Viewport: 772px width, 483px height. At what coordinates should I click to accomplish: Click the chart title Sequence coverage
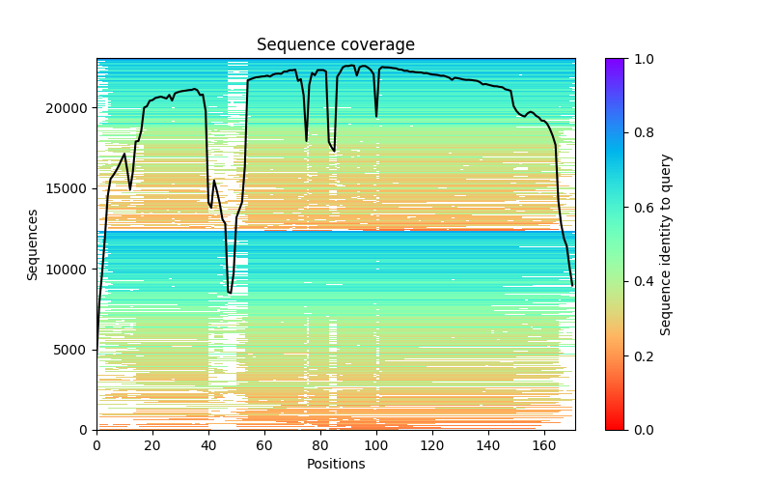click(x=335, y=44)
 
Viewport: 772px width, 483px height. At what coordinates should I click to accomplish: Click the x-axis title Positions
click(x=335, y=464)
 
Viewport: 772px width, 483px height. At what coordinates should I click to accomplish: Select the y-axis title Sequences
click(x=33, y=244)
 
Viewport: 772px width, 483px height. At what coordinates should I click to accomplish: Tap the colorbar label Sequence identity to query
click(x=666, y=244)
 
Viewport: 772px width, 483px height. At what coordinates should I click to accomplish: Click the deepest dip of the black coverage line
click(x=230, y=293)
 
